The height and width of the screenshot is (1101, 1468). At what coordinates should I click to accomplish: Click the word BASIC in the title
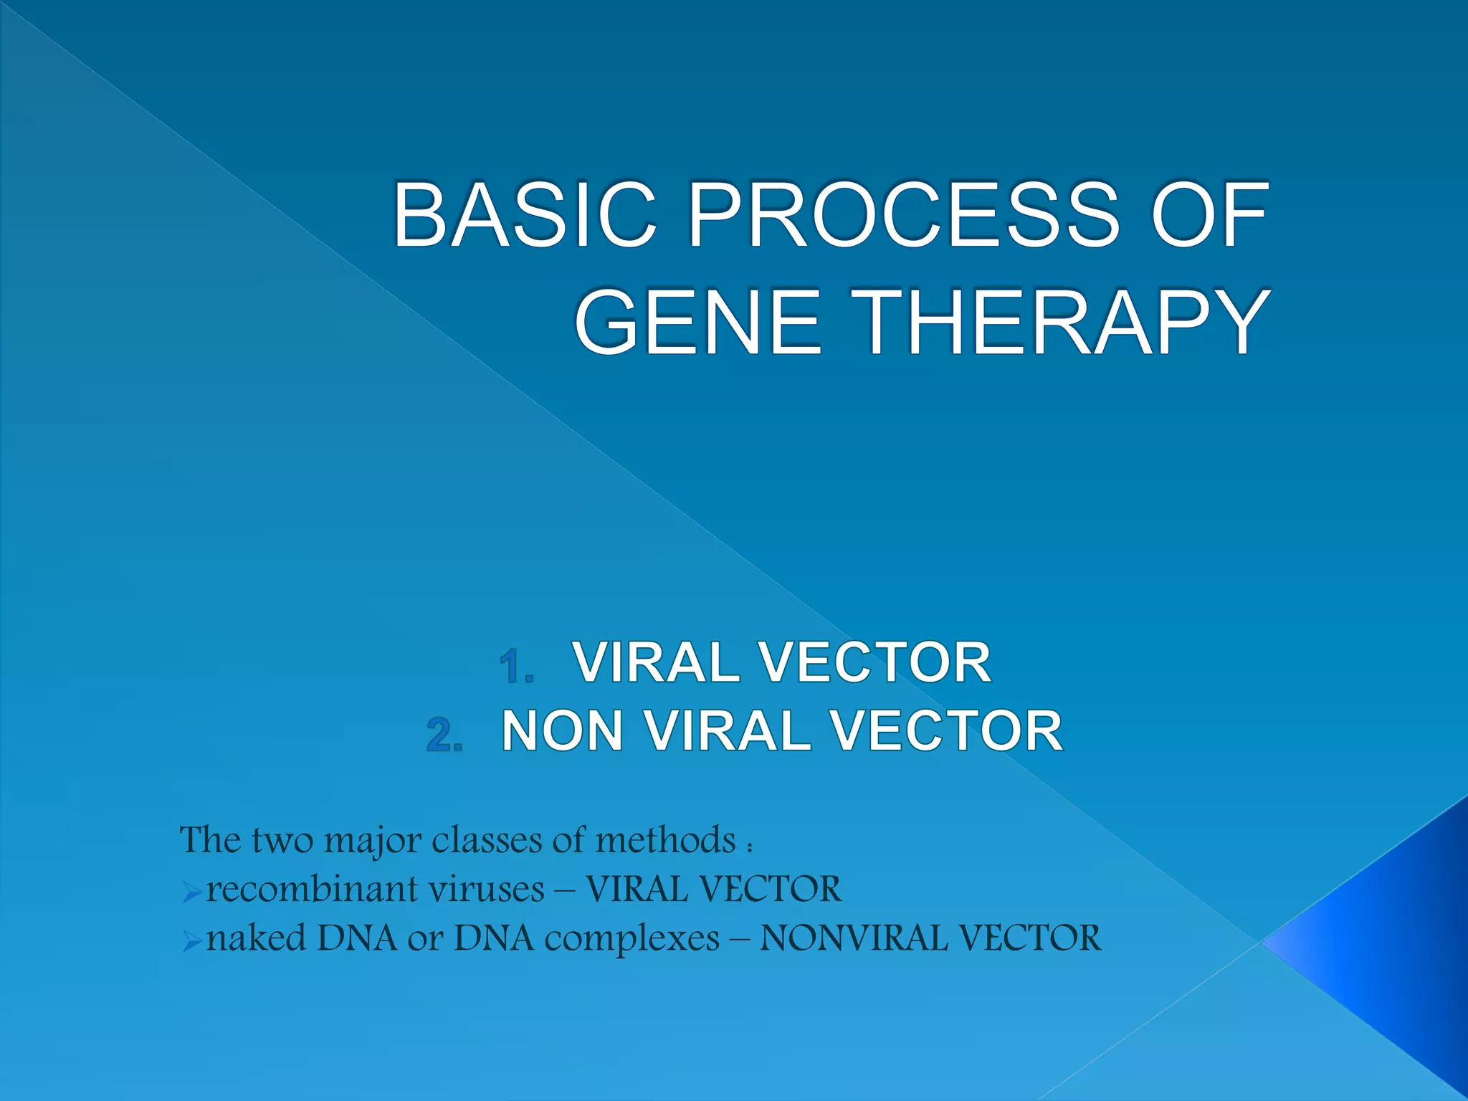[x=524, y=215]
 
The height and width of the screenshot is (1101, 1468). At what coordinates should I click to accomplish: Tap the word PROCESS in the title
[x=902, y=215]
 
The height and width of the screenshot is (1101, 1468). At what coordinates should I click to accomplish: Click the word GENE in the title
[x=698, y=322]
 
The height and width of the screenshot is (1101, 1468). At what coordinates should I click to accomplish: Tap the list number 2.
[x=444, y=735]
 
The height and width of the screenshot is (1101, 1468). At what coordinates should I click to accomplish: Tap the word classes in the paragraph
[x=487, y=839]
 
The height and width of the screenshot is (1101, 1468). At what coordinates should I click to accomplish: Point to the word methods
[x=665, y=839]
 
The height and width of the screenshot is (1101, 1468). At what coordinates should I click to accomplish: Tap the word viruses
[x=487, y=890]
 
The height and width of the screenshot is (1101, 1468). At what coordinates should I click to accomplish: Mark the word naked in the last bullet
[x=256, y=938]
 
